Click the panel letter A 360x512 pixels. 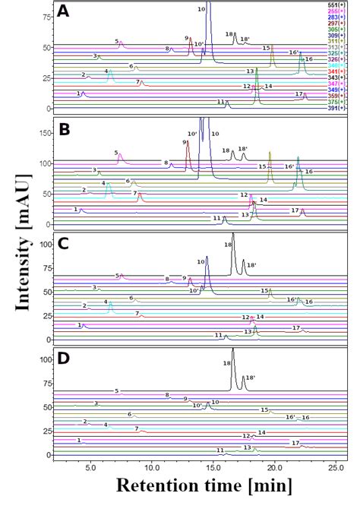(65, 12)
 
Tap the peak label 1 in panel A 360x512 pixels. (79, 93)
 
